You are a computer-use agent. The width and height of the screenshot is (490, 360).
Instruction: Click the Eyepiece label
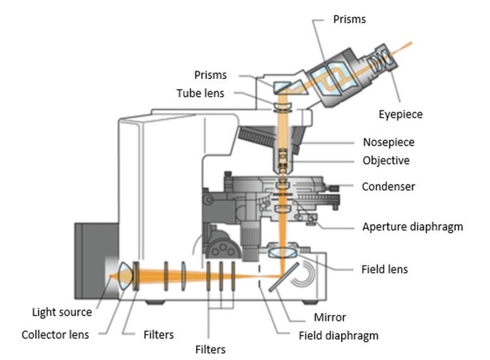pos(400,114)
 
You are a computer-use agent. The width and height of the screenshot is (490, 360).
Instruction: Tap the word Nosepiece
pos(388,142)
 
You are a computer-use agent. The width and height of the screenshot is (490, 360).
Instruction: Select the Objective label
pos(386,160)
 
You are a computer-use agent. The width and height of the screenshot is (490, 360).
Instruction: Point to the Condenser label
pos(388,186)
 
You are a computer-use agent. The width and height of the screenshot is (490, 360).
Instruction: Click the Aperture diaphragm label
pos(412,227)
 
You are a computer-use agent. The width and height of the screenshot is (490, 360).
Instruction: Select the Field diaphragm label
pos(338,336)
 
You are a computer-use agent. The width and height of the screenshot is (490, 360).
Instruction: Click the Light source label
pos(63,312)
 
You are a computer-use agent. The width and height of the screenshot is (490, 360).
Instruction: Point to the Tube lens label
pos(200,93)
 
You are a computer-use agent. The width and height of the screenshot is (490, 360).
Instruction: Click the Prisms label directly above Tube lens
pos(210,74)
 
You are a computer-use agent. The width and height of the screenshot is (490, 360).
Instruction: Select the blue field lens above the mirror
pos(282,251)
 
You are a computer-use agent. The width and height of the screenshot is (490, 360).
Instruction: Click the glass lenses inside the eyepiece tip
pos(378,63)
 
